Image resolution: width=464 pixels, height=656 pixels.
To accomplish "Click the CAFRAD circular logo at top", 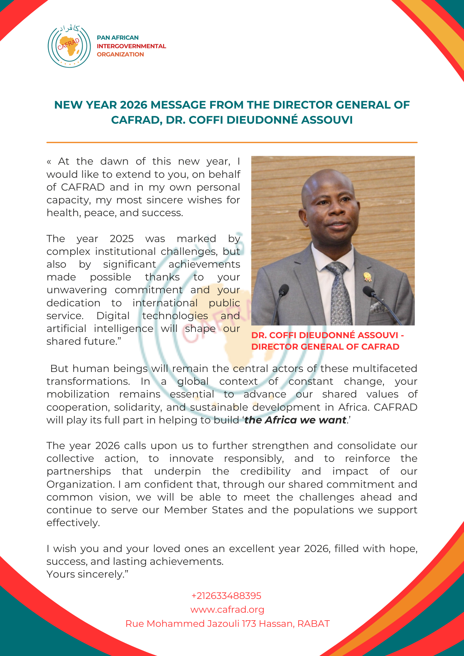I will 69,46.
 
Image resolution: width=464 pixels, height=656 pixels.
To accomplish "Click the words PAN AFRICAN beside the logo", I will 117,38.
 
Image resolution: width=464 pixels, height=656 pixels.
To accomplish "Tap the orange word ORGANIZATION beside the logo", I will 120,54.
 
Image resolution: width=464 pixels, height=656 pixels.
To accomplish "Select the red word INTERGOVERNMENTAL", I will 131,46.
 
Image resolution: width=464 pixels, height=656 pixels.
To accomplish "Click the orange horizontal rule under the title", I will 232,142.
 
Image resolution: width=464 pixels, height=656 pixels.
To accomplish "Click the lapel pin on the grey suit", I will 368,277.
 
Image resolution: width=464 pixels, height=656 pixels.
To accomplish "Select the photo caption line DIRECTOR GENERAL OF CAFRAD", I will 325,347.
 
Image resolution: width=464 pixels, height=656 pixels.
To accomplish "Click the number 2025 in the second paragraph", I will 121,238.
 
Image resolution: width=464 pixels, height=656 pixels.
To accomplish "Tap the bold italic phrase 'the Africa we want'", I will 295,420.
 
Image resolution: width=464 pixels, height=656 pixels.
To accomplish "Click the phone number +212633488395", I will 226,595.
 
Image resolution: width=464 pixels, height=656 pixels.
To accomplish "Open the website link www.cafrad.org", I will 227,609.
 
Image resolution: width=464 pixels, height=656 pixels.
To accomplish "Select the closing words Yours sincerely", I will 87,574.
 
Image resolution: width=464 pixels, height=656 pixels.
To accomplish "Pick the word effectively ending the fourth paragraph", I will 73,523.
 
